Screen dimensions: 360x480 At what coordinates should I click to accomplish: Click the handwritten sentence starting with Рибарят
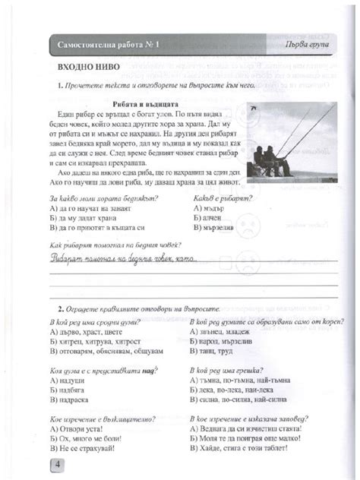pos(122,259)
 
